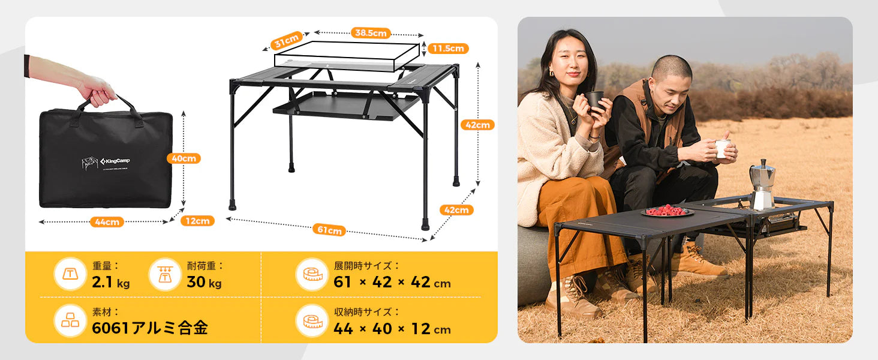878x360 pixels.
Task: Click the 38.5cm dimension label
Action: (371, 33)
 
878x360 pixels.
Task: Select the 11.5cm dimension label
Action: (448, 49)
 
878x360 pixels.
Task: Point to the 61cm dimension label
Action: (329, 230)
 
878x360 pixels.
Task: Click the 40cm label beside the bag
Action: (184, 158)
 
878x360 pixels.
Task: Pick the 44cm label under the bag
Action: (107, 222)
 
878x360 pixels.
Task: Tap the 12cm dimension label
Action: (197, 221)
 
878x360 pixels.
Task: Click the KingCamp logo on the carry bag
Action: (116, 161)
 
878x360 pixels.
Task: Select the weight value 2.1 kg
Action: (111, 282)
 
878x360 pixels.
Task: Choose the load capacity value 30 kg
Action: (204, 282)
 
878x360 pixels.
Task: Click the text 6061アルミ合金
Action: (150, 328)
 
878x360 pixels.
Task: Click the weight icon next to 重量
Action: (70, 274)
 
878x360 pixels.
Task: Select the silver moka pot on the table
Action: (762, 184)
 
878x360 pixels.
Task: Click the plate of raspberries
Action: (667, 211)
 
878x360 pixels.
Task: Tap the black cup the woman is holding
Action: (595, 100)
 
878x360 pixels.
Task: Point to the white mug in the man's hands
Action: (723, 148)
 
